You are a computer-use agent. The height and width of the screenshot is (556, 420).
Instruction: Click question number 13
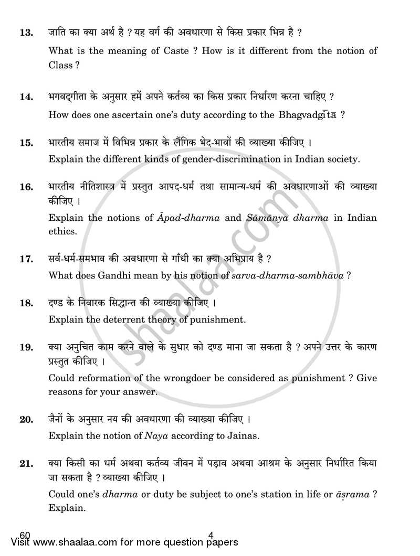point(26,33)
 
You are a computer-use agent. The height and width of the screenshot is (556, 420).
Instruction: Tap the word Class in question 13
point(61,66)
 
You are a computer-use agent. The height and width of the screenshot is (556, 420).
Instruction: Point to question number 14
point(26,98)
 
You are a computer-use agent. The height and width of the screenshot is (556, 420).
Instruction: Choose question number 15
point(26,142)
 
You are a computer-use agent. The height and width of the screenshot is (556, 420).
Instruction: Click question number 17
point(26,259)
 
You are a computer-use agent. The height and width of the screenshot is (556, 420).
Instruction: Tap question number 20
point(26,419)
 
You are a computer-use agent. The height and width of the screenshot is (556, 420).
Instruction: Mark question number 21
point(26,463)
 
